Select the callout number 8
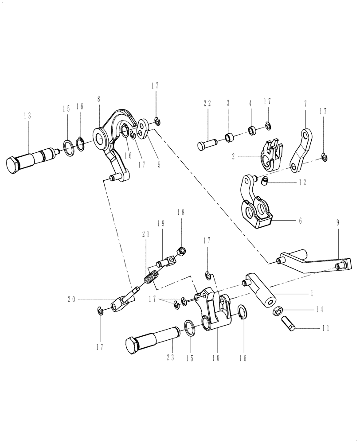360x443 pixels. pos(99,99)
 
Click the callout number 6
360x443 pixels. pos(300,220)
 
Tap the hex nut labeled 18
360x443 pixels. pos(182,251)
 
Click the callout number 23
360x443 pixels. pos(170,357)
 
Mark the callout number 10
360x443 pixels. pos(218,357)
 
